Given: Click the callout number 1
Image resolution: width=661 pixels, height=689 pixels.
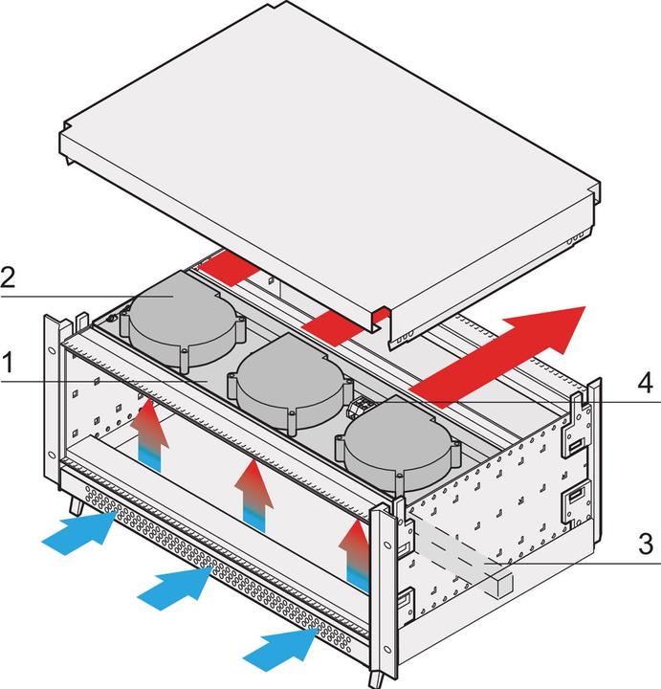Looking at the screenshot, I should point(9,365).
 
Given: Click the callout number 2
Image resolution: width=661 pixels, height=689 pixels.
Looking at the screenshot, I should point(9,278).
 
